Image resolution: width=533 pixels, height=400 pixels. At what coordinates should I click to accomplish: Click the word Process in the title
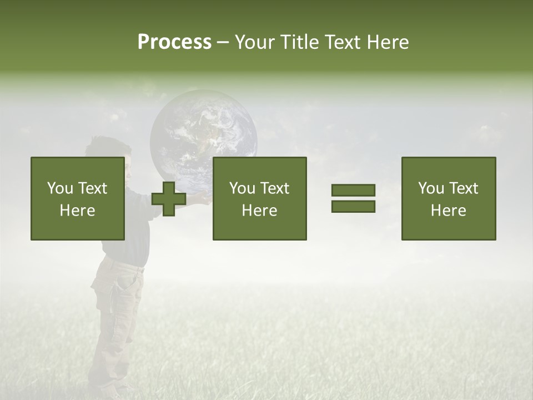coord(174,42)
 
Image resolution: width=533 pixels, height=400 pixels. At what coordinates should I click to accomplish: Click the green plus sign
coord(169,198)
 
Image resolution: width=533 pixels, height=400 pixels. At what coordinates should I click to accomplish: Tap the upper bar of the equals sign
coord(353,191)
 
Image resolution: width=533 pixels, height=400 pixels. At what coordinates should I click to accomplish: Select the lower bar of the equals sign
coord(353,207)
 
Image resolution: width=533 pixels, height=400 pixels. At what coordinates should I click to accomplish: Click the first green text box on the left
coord(77,198)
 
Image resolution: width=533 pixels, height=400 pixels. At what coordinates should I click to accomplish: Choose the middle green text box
coord(259,198)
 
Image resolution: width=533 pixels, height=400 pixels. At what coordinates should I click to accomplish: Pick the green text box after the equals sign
coord(448,198)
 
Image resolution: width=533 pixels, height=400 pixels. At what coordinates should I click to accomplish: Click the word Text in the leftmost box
coord(92,188)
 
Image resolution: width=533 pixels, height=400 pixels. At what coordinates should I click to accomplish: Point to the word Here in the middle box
coord(259,211)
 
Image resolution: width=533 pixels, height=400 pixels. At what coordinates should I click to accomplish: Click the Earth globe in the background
coord(203,133)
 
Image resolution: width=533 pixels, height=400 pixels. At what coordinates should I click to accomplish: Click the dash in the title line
coord(223,42)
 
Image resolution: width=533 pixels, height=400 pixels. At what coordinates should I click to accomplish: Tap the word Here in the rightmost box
coord(448,211)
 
